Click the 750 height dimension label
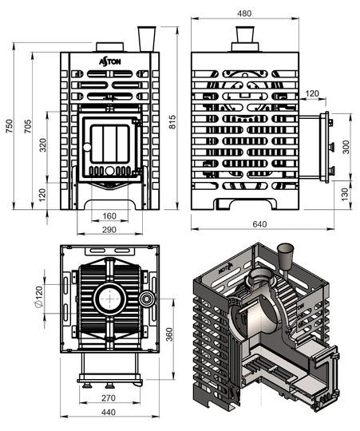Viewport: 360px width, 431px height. (x=9, y=126)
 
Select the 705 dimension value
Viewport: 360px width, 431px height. (x=28, y=126)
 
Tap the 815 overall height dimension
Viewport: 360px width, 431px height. (x=172, y=122)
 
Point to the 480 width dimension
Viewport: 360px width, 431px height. (x=244, y=14)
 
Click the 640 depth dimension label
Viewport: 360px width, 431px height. (x=259, y=224)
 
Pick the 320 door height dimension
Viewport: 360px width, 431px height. (x=43, y=145)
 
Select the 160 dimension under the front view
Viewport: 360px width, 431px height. (x=109, y=216)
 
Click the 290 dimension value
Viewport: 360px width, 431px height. (x=109, y=230)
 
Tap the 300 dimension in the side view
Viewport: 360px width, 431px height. (x=346, y=147)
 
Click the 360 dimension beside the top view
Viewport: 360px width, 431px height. (x=169, y=334)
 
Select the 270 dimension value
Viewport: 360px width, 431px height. (x=109, y=397)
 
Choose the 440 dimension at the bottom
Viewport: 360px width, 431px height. (x=109, y=413)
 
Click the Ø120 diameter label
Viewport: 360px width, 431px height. (x=39, y=297)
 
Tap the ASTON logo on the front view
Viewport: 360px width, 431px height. (x=110, y=61)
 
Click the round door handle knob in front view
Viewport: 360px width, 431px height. (x=87, y=148)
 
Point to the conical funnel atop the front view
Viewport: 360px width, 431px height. (x=147, y=39)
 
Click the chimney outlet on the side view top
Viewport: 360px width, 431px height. (x=245, y=38)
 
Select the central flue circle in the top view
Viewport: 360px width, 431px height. (x=110, y=299)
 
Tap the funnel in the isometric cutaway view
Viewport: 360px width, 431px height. (x=286, y=257)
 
